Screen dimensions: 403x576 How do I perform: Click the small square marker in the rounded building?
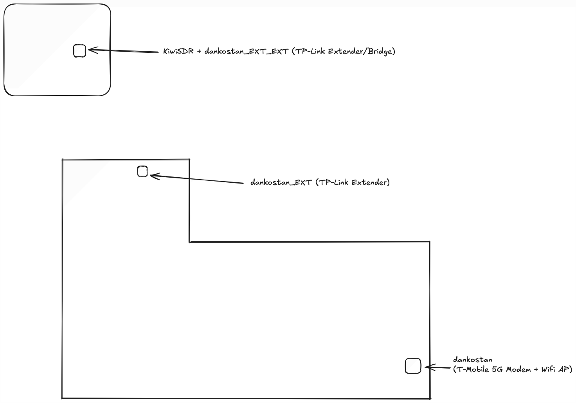tap(79, 51)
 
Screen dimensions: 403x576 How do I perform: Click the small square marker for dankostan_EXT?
tap(142, 171)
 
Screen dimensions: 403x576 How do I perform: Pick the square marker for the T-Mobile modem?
tap(413, 366)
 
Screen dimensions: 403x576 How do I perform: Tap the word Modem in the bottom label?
tap(518, 369)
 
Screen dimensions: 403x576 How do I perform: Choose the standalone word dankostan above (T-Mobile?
tap(473, 360)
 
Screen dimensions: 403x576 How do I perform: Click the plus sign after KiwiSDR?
tap(199, 51)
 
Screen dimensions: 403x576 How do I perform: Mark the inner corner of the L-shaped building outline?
tap(190, 242)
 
